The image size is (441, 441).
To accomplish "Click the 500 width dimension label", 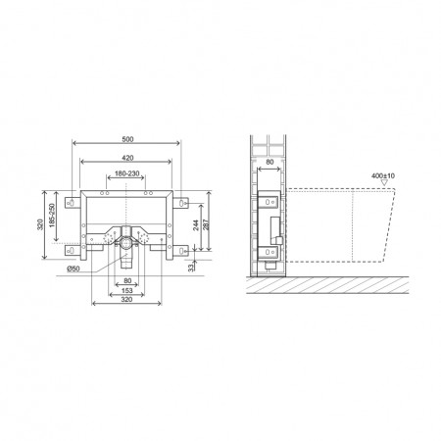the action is click(x=127, y=139).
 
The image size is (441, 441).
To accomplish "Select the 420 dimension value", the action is click(x=127, y=158).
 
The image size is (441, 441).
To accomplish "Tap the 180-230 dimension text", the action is click(x=127, y=173).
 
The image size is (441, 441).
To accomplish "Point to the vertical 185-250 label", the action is click(x=52, y=215).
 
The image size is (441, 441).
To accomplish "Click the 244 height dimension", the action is click(x=196, y=225).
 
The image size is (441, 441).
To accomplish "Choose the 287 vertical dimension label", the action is click(x=206, y=224).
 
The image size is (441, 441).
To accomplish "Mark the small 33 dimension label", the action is click(x=191, y=268).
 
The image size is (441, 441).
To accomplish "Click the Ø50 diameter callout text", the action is click(x=73, y=269).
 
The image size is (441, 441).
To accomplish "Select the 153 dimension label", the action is click(x=126, y=290).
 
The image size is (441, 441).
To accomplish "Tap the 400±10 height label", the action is click(x=383, y=175).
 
